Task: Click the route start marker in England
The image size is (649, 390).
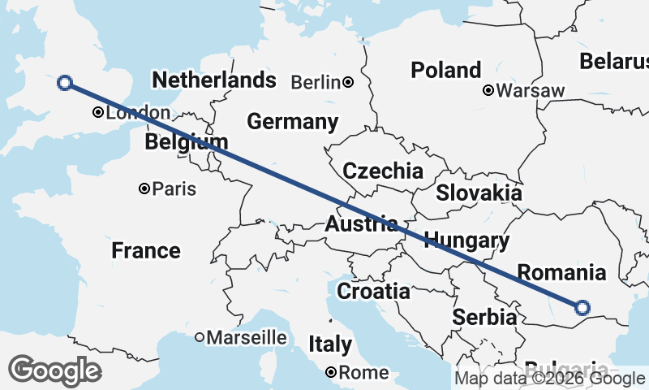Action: pyautogui.click(x=65, y=81)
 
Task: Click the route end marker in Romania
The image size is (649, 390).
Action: pyautogui.click(x=582, y=307)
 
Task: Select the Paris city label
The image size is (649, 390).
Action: pyautogui.click(x=174, y=188)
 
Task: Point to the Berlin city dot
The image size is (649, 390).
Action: pyautogui.click(x=348, y=81)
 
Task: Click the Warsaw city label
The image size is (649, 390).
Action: pyautogui.click(x=529, y=90)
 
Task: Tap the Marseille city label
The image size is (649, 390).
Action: pyautogui.click(x=247, y=336)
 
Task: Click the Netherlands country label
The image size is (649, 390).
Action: pyautogui.click(x=214, y=80)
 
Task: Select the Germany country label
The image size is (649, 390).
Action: pyautogui.click(x=292, y=122)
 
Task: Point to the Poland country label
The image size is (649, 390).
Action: pyautogui.click(x=445, y=70)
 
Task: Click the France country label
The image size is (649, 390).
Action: pyautogui.click(x=146, y=250)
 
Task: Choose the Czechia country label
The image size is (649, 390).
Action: pyautogui.click(x=382, y=171)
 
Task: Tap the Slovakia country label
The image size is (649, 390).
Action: pyautogui.click(x=479, y=193)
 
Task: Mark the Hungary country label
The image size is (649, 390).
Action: pyautogui.click(x=466, y=240)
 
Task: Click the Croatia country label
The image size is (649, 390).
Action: pyautogui.click(x=373, y=291)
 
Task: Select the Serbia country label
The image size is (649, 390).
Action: pyautogui.click(x=485, y=317)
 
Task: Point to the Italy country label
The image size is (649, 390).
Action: pyautogui.click(x=330, y=344)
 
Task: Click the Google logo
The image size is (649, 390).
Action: pyautogui.click(x=54, y=370)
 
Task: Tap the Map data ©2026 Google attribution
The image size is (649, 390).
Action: pyautogui.click(x=549, y=378)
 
